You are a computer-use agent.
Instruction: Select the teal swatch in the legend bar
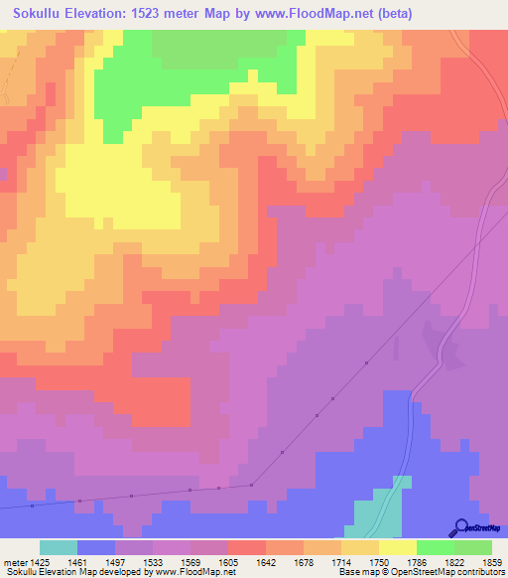point(59,547)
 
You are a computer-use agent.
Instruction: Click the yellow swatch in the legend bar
point(398,547)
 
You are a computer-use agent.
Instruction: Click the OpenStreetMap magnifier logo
point(460,528)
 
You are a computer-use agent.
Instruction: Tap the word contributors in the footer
point(477,572)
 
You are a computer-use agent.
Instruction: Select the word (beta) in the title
point(392,14)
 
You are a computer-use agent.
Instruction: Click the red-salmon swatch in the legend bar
point(247,547)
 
